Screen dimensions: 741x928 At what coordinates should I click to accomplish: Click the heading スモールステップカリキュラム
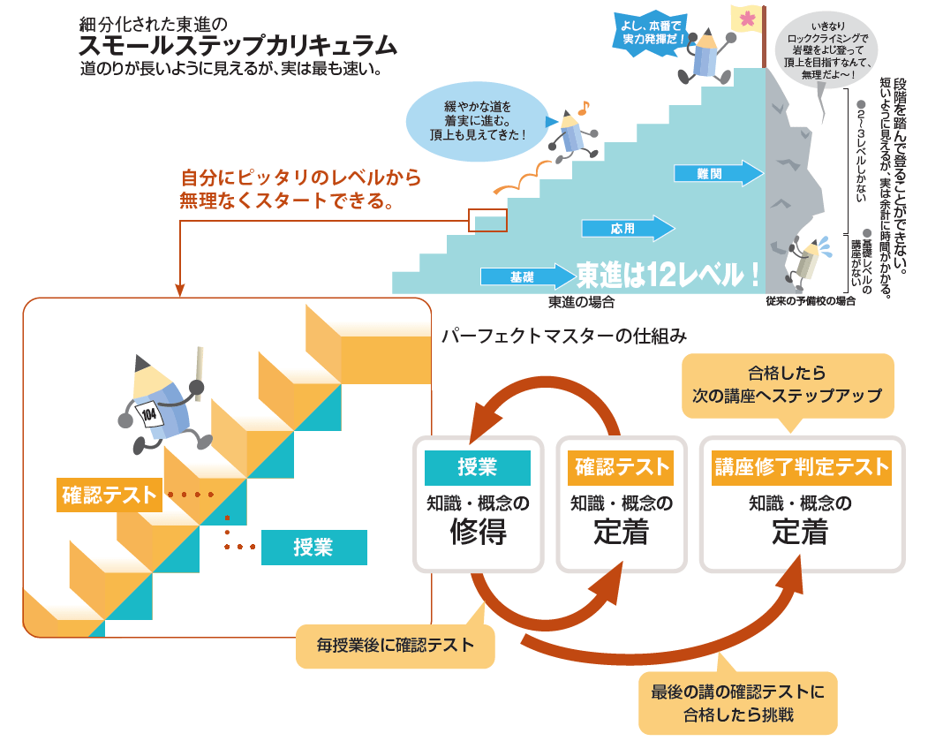[238, 45]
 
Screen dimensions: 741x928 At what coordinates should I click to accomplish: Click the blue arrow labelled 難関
[718, 174]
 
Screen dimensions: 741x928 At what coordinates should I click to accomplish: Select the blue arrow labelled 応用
[628, 229]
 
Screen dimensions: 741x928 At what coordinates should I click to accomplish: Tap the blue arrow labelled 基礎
[526, 276]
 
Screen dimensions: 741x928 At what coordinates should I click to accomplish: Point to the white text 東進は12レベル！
[668, 275]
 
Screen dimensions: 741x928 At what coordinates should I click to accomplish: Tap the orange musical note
[582, 108]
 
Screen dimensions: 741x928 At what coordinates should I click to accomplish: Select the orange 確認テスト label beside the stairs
[109, 495]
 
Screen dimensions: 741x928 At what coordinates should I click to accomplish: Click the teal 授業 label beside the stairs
[313, 548]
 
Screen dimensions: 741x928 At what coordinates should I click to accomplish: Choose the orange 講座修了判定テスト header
[801, 468]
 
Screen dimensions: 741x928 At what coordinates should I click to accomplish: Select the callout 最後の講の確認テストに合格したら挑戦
[737, 703]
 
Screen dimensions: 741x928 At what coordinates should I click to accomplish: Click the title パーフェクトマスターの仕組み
[564, 336]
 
